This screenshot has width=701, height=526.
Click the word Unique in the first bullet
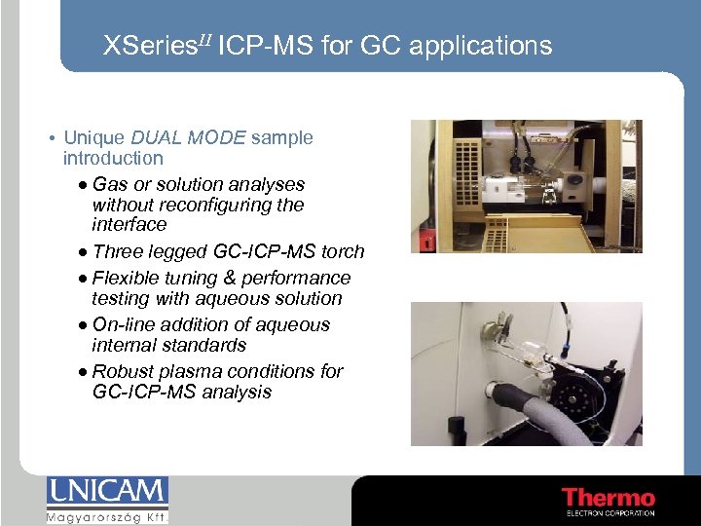coord(90,137)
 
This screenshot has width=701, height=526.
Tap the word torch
coord(343,252)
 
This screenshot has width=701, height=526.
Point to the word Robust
coord(124,371)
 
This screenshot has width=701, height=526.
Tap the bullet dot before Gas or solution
coord(84,185)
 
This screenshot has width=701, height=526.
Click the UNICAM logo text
coord(107,493)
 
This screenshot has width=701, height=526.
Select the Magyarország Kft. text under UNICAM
coord(107,516)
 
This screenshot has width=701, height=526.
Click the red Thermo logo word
coord(609,498)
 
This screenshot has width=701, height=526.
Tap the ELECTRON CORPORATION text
coord(609,513)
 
